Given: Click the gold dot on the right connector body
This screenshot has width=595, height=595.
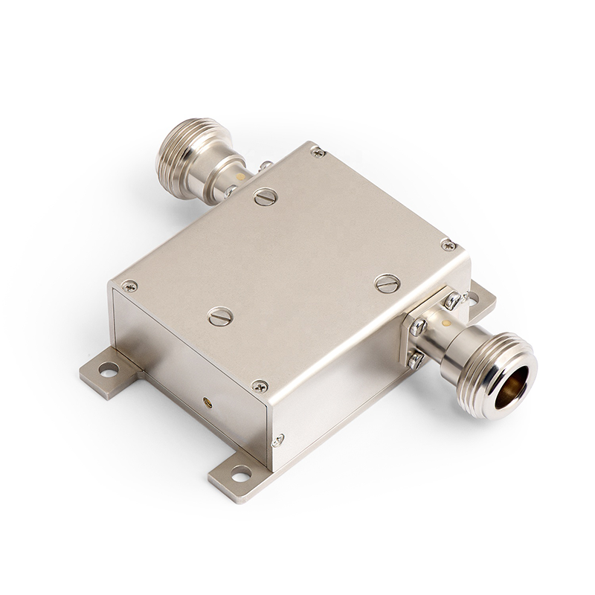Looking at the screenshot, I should tap(446, 324).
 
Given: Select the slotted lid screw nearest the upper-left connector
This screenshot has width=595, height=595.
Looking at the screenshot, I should tap(266, 197).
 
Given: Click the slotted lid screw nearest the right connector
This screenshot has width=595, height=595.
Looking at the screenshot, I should tap(387, 283).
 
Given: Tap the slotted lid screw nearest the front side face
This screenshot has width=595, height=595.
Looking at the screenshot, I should tap(220, 316).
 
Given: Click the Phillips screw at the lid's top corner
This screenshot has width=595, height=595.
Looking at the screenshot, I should tap(318, 152).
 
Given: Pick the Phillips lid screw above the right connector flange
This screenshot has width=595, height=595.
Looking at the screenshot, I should tap(448, 244).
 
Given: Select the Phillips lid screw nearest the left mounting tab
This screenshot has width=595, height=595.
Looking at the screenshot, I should tap(129, 286).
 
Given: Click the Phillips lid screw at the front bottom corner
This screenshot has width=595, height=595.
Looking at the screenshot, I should tap(260, 386).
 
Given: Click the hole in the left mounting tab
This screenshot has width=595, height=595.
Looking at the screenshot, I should tap(109, 368).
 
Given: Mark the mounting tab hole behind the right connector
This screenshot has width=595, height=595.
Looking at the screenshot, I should tap(473, 298).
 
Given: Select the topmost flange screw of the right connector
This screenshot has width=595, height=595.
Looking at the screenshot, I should tap(451, 300).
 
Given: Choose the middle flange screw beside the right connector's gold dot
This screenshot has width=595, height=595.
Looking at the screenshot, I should tap(418, 327).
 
